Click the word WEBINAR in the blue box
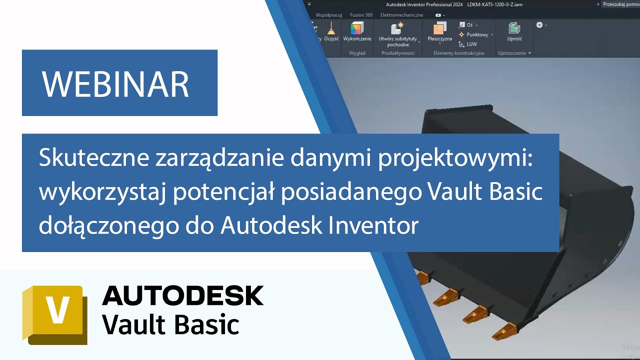115,83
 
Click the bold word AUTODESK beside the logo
182,296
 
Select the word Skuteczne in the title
93,159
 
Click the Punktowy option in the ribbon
476,34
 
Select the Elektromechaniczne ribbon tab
401,15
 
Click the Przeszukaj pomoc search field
620,4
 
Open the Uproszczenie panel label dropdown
514,53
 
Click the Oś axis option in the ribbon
469,25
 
